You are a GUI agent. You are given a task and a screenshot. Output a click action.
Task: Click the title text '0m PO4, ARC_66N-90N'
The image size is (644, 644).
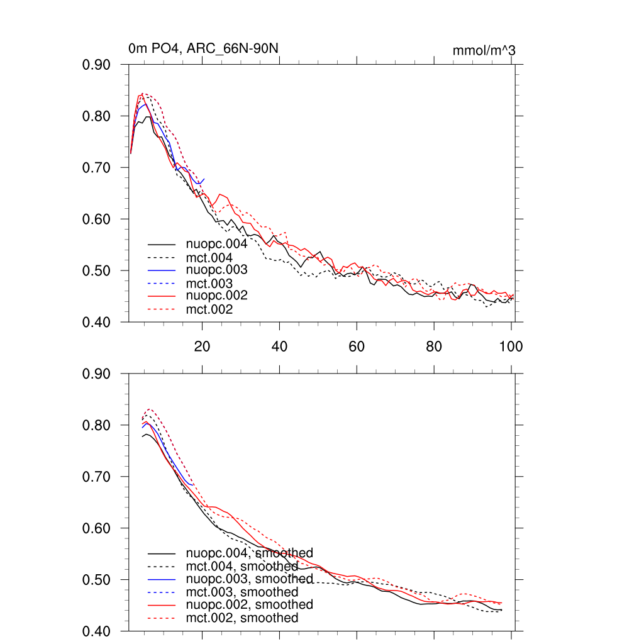coord(203,48)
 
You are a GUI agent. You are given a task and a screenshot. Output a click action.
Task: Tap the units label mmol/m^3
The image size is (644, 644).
coord(484,50)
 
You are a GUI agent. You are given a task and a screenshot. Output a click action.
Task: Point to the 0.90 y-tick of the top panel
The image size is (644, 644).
coord(97,65)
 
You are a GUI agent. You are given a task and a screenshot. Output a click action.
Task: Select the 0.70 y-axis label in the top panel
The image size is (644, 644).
coord(97,168)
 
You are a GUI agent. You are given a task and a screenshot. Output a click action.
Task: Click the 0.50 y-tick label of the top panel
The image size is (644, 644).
coord(97,271)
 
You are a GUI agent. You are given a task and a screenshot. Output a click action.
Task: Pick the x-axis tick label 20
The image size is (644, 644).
coord(202,346)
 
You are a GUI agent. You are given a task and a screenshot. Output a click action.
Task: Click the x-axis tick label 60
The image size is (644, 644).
coord(357,346)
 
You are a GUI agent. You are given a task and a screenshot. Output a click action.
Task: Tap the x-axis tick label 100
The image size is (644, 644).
coord(511,346)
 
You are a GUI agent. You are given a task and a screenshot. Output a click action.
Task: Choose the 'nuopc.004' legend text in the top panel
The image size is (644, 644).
coord(216,244)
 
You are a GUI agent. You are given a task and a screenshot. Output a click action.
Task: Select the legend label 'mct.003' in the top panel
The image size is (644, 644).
coord(209,284)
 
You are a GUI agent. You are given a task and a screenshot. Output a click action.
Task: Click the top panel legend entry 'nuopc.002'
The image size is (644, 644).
coord(216,296)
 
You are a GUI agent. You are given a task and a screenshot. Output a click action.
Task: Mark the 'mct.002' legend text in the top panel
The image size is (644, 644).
coord(209,309)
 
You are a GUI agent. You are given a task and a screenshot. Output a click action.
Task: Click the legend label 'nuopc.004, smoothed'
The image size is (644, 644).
coord(250,553)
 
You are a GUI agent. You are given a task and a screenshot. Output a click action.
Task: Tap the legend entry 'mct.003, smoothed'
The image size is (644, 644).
coord(242,592)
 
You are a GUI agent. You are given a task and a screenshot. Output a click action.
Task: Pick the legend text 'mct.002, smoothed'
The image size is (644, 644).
coord(242,618)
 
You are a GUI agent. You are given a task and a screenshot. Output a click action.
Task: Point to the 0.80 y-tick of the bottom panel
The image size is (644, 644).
coord(97,426)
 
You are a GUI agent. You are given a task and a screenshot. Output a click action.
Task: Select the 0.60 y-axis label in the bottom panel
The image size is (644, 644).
coord(97,529)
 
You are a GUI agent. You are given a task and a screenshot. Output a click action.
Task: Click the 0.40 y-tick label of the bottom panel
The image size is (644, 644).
coord(97,631)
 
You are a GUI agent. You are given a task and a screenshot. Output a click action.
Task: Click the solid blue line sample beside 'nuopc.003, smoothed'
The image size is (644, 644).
coord(162,579)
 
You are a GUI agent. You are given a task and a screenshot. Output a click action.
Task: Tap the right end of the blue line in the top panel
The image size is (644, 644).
coord(204,179)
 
